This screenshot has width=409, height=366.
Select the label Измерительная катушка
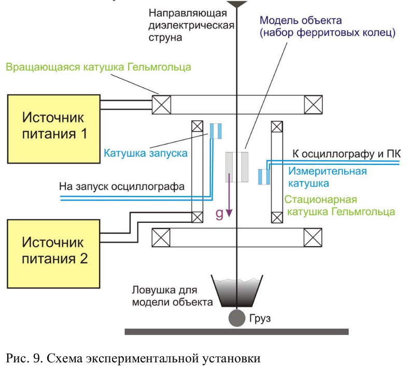pos(328,177)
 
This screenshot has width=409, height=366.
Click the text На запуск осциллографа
pos(122,186)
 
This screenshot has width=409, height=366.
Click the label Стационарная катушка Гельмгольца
pos(340,205)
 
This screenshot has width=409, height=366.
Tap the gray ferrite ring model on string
pos(237,167)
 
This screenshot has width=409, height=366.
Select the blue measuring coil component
pos(264,176)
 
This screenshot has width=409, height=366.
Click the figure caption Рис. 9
pos(132,358)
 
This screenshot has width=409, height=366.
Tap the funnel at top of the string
pos(237,4)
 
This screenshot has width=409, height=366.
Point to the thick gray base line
pos(237,331)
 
